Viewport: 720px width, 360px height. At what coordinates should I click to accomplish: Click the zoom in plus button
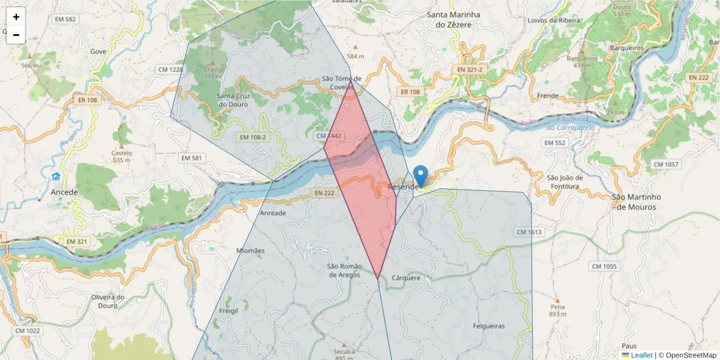pyautogui.click(x=16, y=17)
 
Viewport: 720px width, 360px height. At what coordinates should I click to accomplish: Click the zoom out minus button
pyautogui.click(x=16, y=35)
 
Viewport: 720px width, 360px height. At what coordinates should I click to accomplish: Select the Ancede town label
pyautogui.click(x=65, y=192)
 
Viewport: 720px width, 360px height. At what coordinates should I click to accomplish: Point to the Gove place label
pyautogui.click(x=98, y=51)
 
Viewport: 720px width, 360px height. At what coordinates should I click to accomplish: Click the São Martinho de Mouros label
pyautogui.click(x=635, y=202)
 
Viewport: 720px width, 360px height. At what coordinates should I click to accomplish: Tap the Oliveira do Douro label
pyautogui.click(x=107, y=301)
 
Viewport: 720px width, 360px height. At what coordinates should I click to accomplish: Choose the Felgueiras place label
pyautogui.click(x=489, y=326)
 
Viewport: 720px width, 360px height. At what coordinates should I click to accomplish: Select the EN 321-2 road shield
pyautogui.click(x=470, y=70)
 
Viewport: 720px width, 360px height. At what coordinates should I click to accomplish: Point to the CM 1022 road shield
pyautogui.click(x=28, y=331)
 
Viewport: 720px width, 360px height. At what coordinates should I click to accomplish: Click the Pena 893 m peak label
pyautogui.click(x=557, y=310)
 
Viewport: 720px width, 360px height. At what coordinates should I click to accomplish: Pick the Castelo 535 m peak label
pyautogui.click(x=121, y=156)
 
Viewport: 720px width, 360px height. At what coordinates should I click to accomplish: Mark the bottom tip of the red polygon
pyautogui.click(x=377, y=278)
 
